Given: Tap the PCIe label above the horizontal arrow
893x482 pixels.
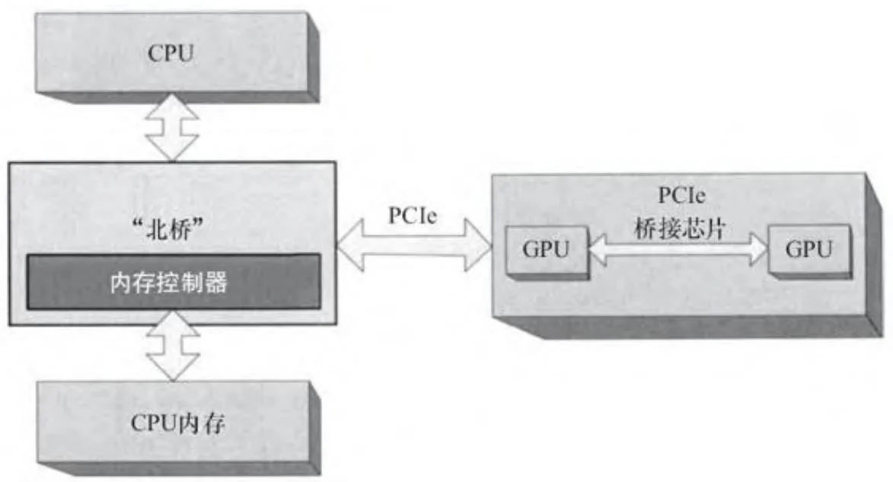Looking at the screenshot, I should point(412,216).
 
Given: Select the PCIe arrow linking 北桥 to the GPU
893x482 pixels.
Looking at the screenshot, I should point(415,245).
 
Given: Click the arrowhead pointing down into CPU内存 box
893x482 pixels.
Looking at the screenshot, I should point(172,369).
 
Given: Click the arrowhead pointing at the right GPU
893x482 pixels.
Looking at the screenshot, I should point(757,249).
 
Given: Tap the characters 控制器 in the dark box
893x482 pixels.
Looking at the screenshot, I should point(199,282).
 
